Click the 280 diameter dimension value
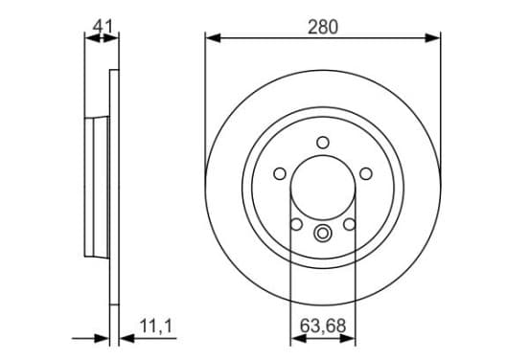point(323,27)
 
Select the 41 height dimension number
point(103,26)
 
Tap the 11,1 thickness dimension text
point(156,326)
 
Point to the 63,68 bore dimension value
point(323,326)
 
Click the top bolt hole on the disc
point(323,143)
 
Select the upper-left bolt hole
point(280,173)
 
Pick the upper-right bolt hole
point(366,173)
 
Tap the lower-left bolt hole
point(296,224)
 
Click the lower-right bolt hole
point(350,224)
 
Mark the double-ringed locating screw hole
point(323,234)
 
